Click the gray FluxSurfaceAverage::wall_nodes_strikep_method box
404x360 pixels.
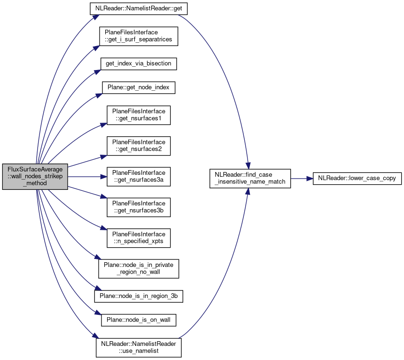[x=35, y=176]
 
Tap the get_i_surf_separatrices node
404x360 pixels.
[x=139, y=36]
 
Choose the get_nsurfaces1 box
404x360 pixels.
[x=139, y=115]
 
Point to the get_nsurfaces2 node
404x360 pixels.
[x=139, y=146]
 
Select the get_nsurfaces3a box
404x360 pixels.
[x=139, y=177]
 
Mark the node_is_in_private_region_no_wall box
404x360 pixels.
[x=139, y=268]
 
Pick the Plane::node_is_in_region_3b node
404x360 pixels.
[x=139, y=297]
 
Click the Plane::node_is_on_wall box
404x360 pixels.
[x=139, y=321]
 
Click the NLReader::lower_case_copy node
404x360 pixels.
[x=357, y=178]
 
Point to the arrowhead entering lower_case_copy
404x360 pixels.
[x=310, y=178]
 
